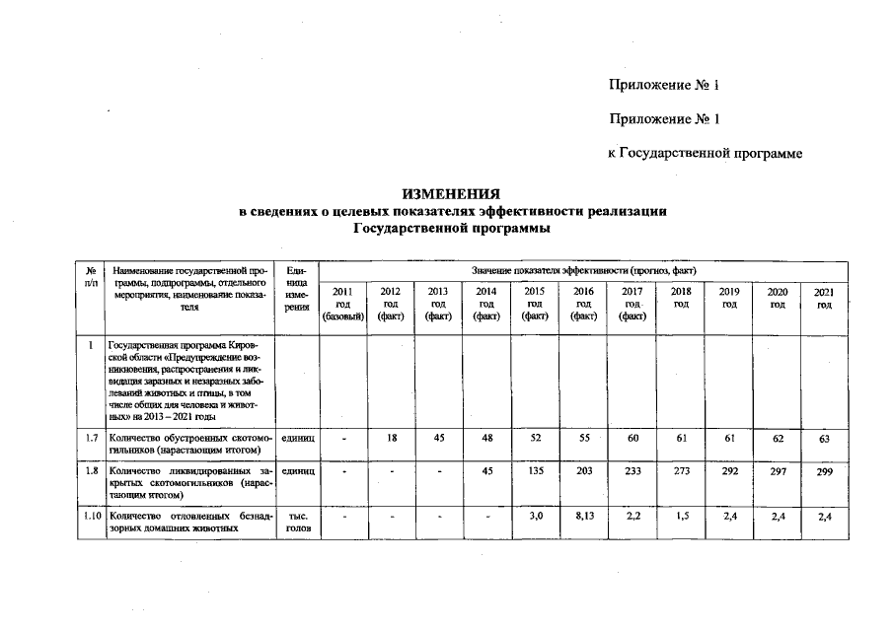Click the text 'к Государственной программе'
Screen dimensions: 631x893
click(x=705, y=153)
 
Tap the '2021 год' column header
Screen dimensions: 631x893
click(x=824, y=298)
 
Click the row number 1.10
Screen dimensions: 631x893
click(x=94, y=516)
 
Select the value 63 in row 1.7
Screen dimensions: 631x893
click(x=824, y=440)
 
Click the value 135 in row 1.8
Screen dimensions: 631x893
click(x=536, y=471)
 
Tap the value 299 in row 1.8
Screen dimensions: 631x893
click(x=824, y=471)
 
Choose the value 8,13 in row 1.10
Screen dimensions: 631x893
click(x=583, y=515)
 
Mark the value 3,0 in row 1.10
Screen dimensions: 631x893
click(x=536, y=515)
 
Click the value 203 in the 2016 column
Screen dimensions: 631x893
click(x=584, y=471)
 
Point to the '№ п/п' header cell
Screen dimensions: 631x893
click(x=92, y=275)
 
